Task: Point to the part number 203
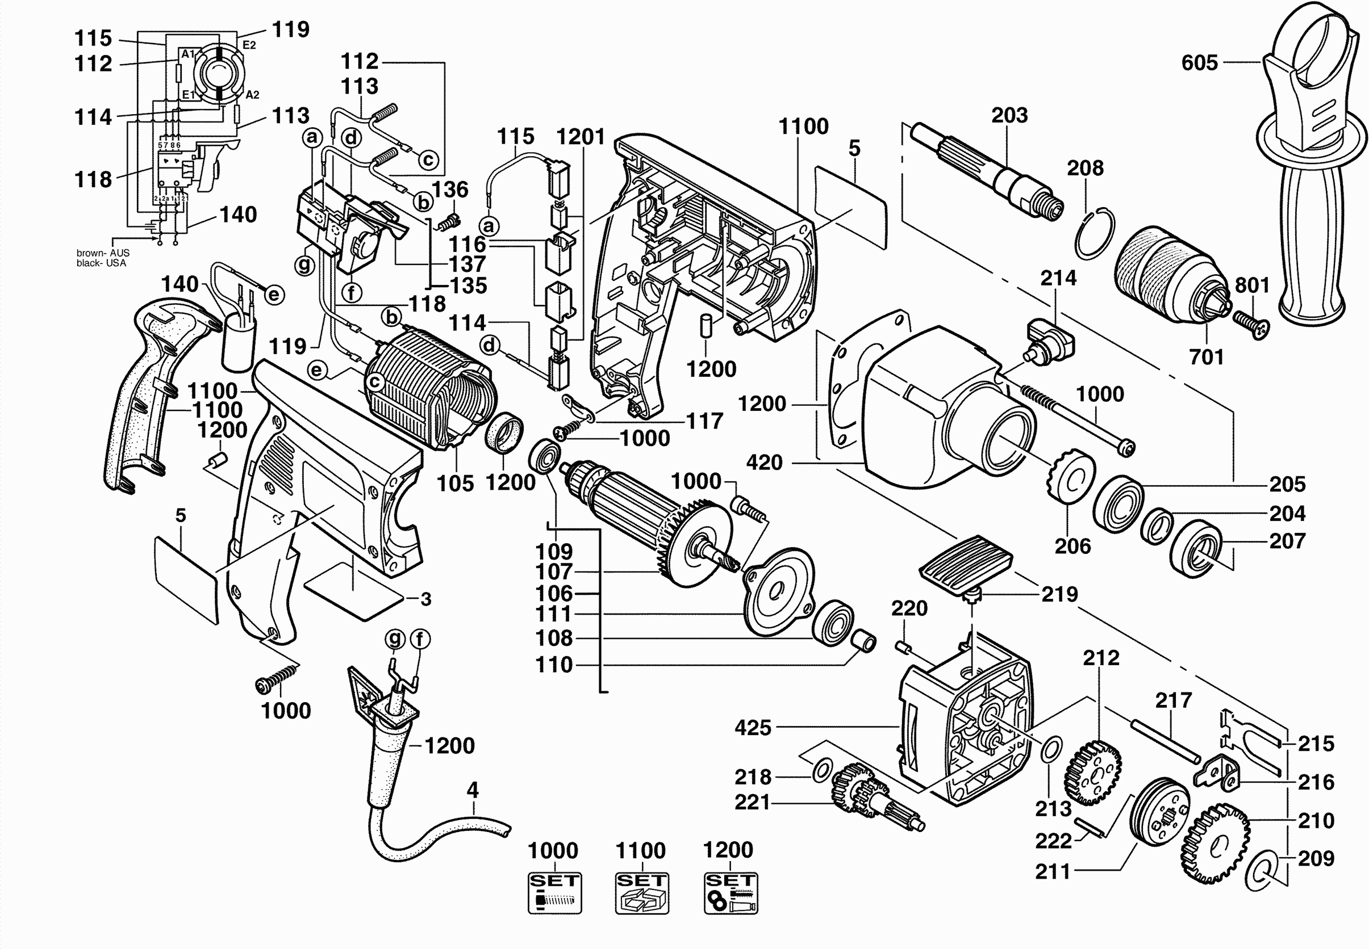(x=1009, y=115)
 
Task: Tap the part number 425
(x=753, y=727)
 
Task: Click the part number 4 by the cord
(x=473, y=790)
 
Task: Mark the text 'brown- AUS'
(x=102, y=253)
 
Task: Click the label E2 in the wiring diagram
(x=249, y=45)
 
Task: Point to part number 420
(x=764, y=462)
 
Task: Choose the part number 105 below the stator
(x=455, y=484)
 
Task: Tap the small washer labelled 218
(x=821, y=771)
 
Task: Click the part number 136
(x=450, y=190)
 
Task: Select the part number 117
(x=704, y=421)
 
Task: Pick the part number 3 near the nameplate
(x=425, y=599)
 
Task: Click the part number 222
(x=1053, y=841)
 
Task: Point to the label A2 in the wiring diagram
(x=252, y=95)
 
